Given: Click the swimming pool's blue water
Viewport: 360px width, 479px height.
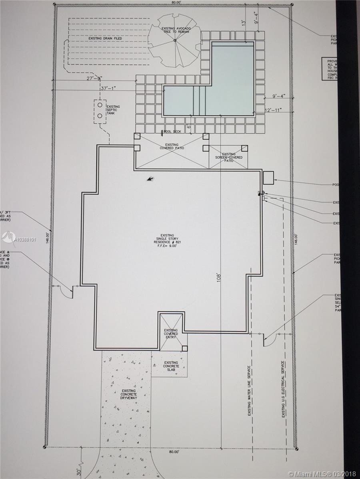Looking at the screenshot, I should click(232, 80).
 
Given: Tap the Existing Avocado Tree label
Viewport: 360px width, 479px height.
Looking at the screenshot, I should click(175, 30).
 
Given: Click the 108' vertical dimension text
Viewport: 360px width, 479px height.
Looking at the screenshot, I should click(219, 278).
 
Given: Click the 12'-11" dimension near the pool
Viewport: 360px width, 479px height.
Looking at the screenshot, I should click(274, 110).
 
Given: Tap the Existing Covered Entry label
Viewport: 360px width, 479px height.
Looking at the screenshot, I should click(171, 334).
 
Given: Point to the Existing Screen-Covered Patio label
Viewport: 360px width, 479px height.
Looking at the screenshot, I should click(229, 157).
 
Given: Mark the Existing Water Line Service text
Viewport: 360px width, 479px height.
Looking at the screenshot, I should click(249, 391).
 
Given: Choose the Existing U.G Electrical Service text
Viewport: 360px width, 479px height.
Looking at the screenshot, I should click(283, 389).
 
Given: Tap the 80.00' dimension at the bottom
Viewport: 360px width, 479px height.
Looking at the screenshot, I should click(173, 452).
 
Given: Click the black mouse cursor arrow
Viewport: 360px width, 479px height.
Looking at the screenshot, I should click(150, 179).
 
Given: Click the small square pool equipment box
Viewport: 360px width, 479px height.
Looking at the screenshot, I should click(268, 178).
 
